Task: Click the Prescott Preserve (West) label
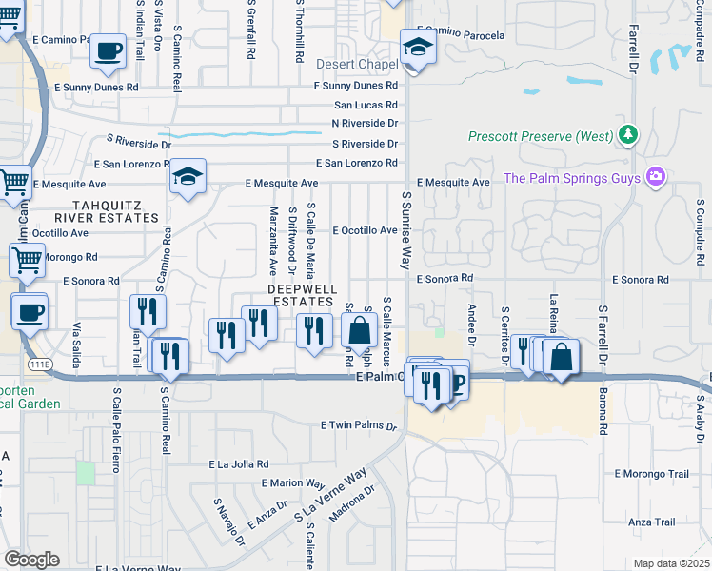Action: pyautogui.click(x=541, y=136)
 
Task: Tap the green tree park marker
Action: pyautogui.click(x=627, y=135)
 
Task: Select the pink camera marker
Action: pyautogui.click(x=654, y=177)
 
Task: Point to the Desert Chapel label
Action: pyautogui.click(x=356, y=65)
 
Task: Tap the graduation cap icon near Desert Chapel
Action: pyautogui.click(x=417, y=45)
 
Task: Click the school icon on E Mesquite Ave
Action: pyautogui.click(x=188, y=176)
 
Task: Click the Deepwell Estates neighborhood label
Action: pyautogui.click(x=300, y=295)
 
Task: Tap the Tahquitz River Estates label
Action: pyautogui.click(x=119, y=210)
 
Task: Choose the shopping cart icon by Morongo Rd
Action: pyautogui.click(x=28, y=259)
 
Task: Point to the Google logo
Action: pyautogui.click(x=31, y=560)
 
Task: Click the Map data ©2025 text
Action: pyautogui.click(x=670, y=563)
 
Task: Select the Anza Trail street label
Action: pyautogui.click(x=651, y=522)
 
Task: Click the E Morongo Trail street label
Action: pyautogui.click(x=651, y=473)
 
